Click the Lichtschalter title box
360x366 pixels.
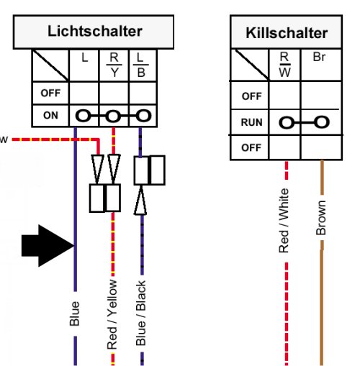94,32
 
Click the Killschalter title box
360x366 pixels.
286,32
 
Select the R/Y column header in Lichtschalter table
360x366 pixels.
114,65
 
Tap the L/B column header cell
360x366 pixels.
143,65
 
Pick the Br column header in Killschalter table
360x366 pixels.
321,65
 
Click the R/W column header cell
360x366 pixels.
284,65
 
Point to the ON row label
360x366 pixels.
50,116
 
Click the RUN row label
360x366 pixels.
251,122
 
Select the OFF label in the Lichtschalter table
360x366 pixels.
50,93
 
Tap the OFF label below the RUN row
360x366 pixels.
251,147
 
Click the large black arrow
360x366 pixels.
48,246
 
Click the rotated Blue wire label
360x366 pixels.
75,314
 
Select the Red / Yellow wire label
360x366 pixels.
112,314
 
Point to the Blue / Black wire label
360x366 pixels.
141,313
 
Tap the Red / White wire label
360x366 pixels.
284,221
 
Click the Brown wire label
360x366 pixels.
321,218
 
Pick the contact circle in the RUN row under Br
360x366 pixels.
322,122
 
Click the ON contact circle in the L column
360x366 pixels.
84,116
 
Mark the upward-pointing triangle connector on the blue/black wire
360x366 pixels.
140,200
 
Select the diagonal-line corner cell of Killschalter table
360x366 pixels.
250,65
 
